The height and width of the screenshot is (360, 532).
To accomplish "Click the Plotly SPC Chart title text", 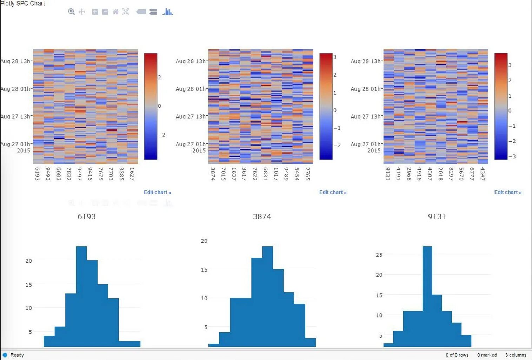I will (x=23, y=4).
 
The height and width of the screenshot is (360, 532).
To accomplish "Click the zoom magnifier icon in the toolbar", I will (x=71, y=12).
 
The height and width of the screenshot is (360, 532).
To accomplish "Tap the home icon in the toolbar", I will (x=115, y=12).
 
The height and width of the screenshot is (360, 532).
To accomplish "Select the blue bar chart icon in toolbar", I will (x=168, y=12).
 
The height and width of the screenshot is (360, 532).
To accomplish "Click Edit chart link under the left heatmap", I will (x=157, y=192).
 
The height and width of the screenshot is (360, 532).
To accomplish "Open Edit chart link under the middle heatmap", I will (x=333, y=192).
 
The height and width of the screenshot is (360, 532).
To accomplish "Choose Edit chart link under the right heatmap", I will (x=508, y=192).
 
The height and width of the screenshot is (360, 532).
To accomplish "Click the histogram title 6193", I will (x=86, y=216).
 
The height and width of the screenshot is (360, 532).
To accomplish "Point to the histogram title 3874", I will (x=262, y=216).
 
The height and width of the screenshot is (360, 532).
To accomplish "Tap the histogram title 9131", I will (x=437, y=216).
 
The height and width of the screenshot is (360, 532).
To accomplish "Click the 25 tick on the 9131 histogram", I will (x=379, y=255).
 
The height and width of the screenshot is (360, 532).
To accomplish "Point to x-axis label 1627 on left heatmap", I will (x=132, y=174).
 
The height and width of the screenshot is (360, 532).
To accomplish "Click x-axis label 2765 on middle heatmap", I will (x=307, y=174).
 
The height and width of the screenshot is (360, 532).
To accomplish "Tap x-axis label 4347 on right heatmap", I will (x=483, y=174).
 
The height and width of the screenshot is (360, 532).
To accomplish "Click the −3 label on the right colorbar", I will (x=512, y=156).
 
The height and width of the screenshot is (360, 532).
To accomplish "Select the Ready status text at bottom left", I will (x=17, y=355).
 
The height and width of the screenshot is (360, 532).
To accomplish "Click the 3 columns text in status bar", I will (x=516, y=355).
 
